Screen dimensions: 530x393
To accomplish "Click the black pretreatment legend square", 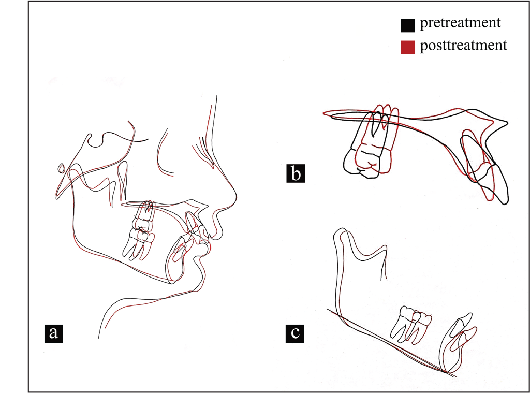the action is pyautogui.click(x=408, y=25).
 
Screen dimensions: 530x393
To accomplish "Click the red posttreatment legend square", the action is pyautogui.click(x=408, y=47).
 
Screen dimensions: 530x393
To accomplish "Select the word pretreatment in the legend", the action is pyautogui.click(x=460, y=23).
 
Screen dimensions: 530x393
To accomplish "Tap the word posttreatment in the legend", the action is pyautogui.click(x=463, y=46).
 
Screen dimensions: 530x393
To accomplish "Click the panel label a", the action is pyautogui.click(x=54, y=333).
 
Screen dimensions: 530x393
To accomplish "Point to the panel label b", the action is pyautogui.click(x=296, y=173).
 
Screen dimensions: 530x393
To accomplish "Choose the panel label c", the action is pyautogui.click(x=295, y=333).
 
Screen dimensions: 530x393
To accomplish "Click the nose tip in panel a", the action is pyautogui.click(x=236, y=196).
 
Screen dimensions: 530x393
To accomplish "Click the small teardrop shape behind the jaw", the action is pyautogui.click(x=62, y=168).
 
